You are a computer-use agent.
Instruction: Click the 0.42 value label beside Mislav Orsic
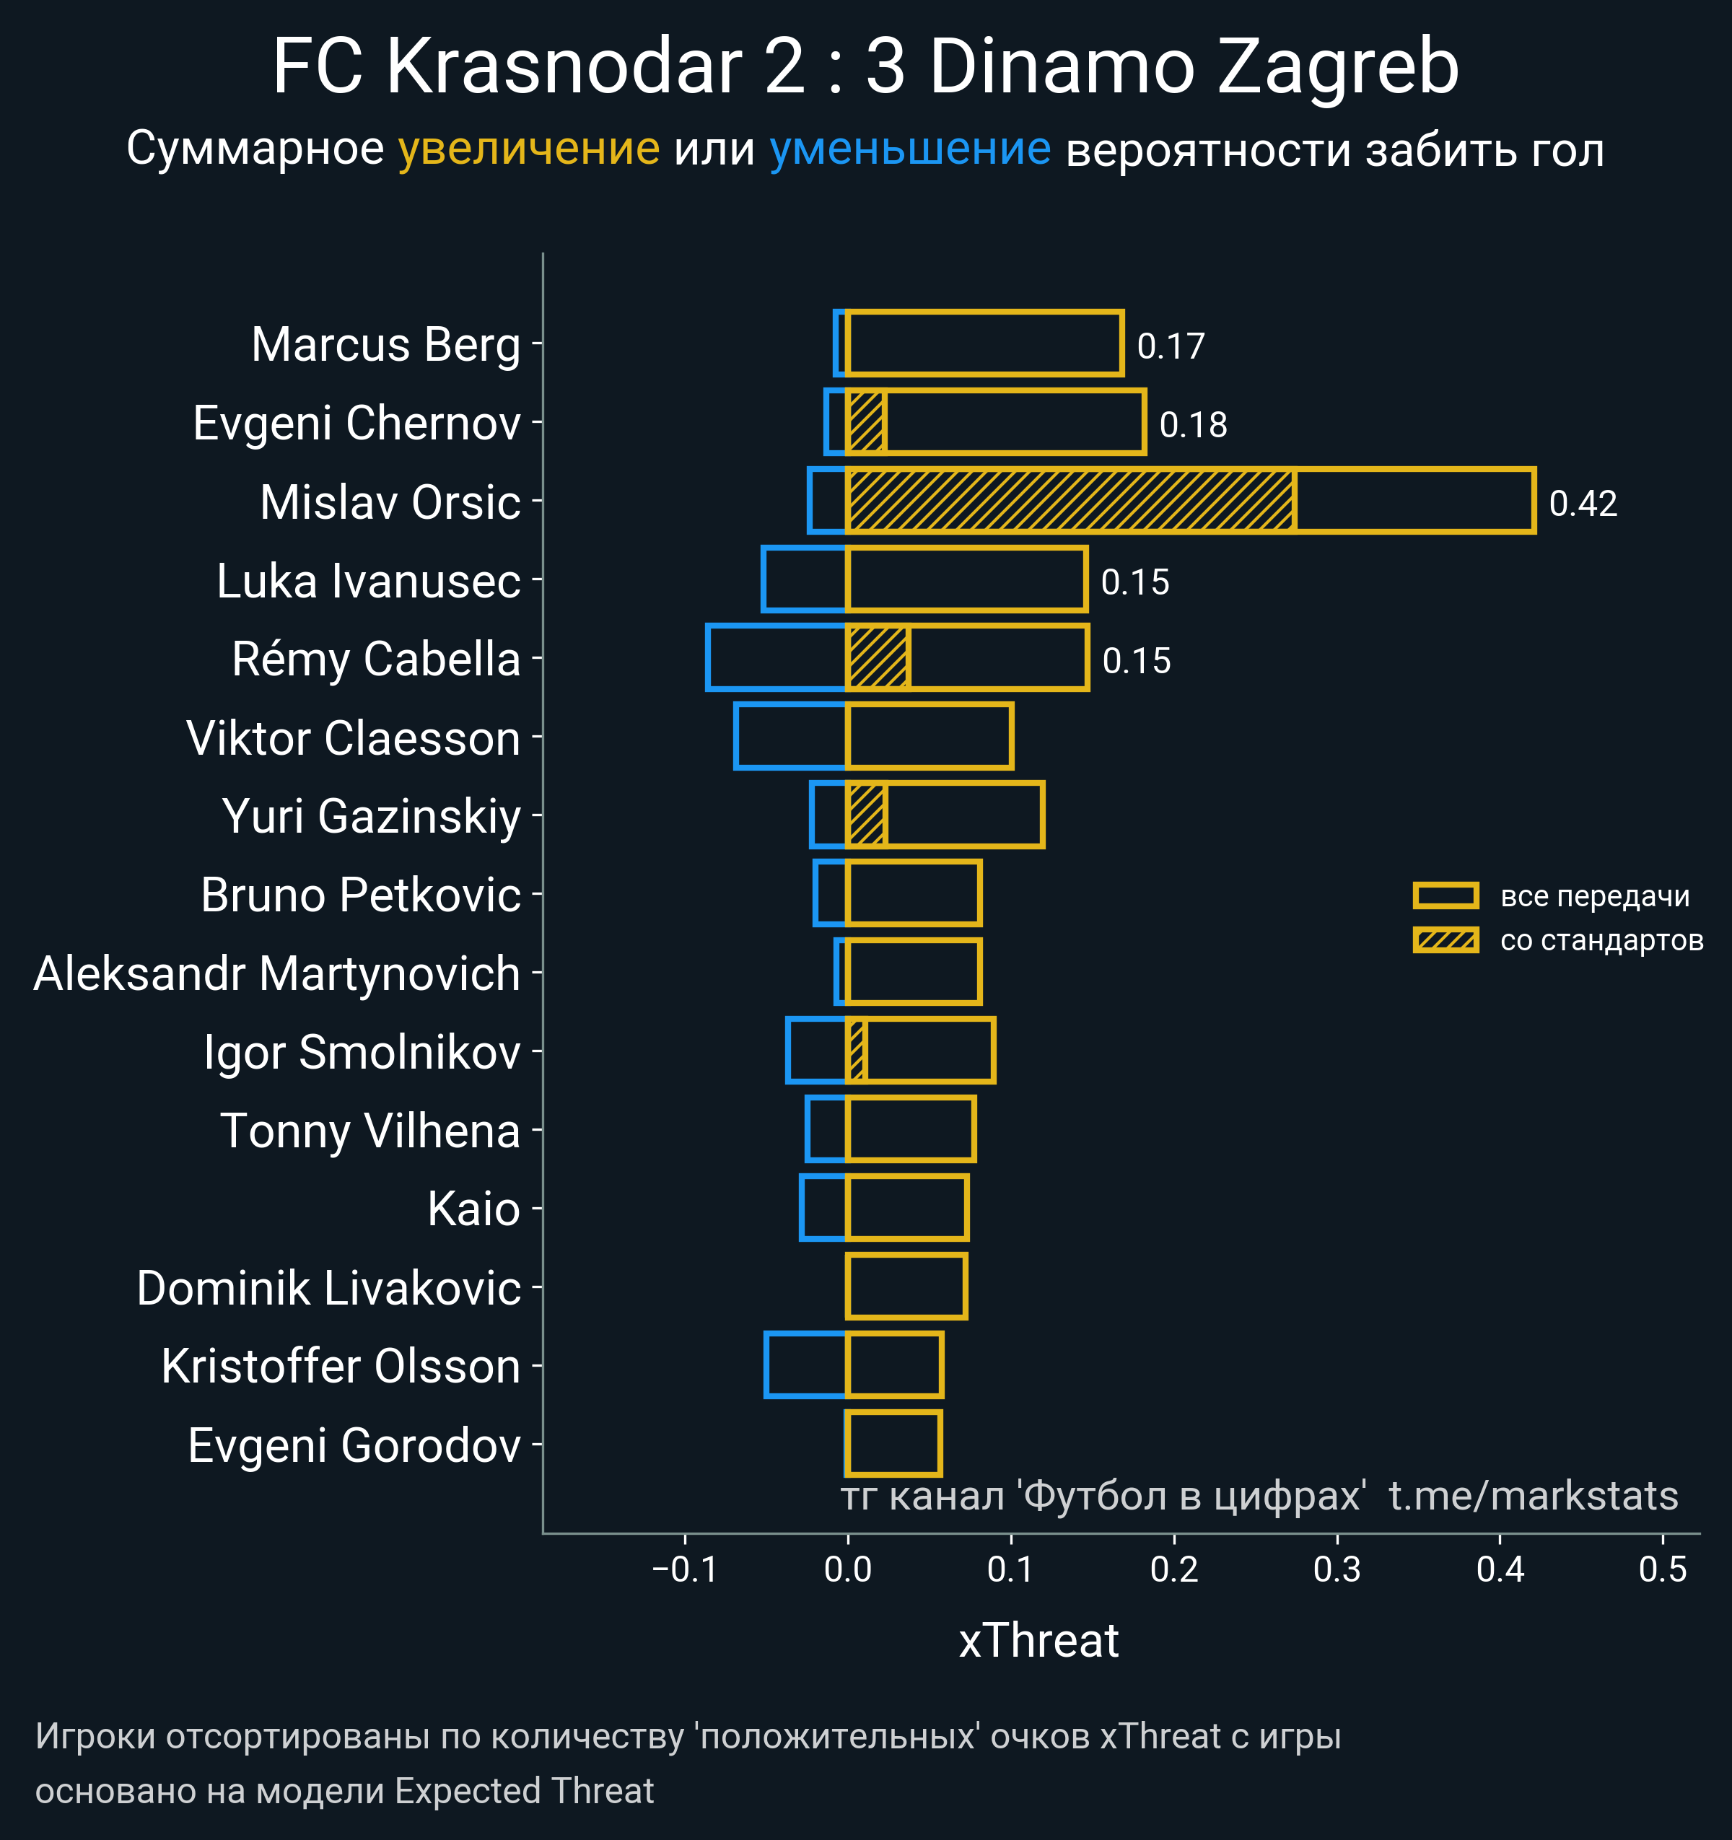click(1582, 504)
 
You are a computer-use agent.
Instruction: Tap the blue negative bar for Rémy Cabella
click(776, 658)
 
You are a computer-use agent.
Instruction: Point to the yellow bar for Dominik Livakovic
click(906, 1287)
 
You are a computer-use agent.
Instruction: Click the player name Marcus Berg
click(385, 345)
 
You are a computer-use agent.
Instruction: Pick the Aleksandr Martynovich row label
click(277, 973)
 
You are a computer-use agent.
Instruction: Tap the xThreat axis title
click(1038, 1641)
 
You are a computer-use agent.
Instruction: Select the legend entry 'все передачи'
click(1594, 896)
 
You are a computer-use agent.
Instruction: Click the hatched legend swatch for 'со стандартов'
click(1445, 940)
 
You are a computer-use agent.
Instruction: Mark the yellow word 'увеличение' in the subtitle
click(528, 149)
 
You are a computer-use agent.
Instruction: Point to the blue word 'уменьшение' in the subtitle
click(910, 149)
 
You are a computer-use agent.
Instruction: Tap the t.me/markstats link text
click(1533, 1497)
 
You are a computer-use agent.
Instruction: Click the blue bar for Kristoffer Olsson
click(805, 1365)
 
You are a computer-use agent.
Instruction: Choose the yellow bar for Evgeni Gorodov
click(893, 1444)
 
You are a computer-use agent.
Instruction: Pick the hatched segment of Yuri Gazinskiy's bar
click(867, 815)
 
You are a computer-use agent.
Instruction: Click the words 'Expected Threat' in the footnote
click(524, 1791)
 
